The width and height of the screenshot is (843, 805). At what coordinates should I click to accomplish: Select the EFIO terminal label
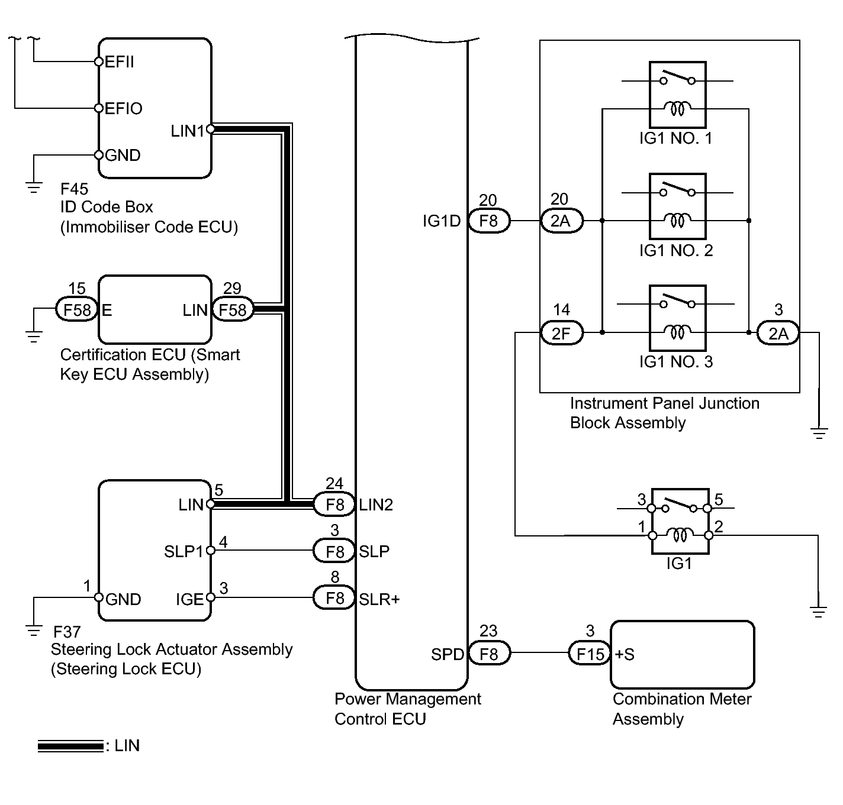(123, 109)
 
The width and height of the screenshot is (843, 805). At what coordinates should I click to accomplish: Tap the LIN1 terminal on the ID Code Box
(188, 131)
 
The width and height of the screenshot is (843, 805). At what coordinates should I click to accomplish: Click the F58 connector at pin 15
(77, 310)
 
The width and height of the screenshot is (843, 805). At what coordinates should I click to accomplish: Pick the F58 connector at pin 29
(233, 310)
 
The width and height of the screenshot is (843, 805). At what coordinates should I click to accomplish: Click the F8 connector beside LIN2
(334, 505)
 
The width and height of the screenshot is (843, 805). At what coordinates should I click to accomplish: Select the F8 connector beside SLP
(334, 551)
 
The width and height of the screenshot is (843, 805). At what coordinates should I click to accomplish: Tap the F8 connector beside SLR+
(334, 599)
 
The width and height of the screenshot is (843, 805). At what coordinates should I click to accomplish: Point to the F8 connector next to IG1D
(489, 221)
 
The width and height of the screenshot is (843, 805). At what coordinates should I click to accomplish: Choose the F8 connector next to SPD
(489, 654)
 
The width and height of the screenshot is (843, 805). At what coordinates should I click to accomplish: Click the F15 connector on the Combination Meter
(590, 654)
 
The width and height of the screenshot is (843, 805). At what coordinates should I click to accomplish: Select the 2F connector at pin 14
(561, 334)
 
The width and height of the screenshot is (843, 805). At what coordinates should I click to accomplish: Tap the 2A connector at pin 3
(778, 334)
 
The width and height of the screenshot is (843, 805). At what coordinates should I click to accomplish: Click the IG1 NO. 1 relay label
(675, 139)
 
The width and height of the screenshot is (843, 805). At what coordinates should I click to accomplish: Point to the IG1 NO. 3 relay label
(675, 362)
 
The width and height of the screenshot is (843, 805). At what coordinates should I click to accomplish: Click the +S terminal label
(625, 654)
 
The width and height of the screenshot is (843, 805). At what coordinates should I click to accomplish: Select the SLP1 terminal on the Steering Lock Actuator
(184, 551)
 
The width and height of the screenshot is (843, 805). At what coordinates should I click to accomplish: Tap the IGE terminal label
(189, 599)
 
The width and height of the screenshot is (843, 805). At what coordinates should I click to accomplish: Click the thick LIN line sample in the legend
(70, 746)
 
